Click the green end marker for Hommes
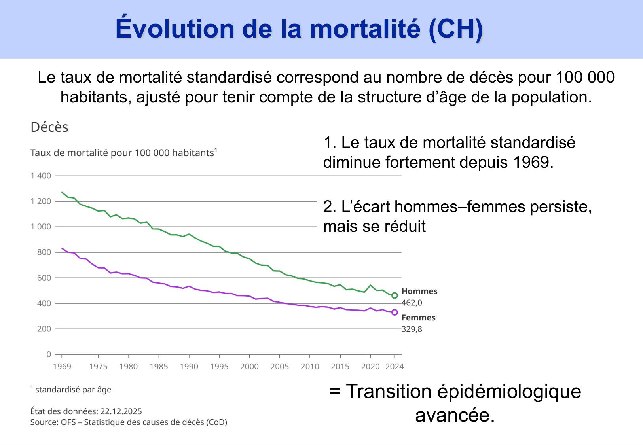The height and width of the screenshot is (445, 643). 395,295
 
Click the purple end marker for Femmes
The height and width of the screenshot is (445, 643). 395,312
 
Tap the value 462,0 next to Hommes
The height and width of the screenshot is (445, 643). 412,303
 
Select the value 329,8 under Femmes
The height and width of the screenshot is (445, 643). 412,329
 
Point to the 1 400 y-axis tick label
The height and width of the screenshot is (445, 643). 41,176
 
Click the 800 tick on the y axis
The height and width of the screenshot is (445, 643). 44,252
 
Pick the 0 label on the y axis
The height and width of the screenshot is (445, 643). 49,354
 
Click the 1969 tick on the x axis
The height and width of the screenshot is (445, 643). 62,367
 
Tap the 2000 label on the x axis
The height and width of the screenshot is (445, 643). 249,367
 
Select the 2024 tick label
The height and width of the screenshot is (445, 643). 395,367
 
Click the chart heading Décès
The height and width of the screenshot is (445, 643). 49,127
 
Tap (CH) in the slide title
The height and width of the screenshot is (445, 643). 455,29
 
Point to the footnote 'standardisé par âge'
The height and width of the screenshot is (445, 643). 73,390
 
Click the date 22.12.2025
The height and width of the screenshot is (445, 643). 121,411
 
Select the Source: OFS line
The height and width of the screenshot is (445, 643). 129,422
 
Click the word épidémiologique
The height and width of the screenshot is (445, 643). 509,392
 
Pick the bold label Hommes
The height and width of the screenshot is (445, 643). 419,292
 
